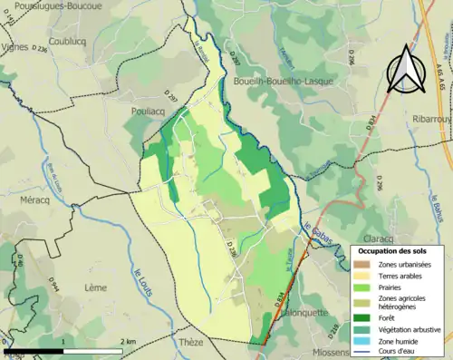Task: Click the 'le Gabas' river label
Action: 320,233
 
